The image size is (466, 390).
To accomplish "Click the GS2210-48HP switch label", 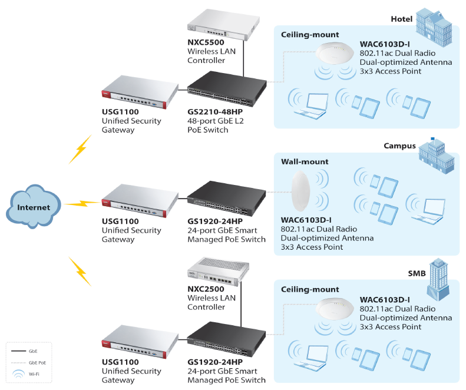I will pos(214,112).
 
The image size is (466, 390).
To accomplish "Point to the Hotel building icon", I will pos(433,23).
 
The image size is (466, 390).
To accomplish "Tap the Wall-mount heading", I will pos(305,161).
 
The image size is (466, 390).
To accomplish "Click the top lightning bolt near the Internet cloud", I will pos(80,150).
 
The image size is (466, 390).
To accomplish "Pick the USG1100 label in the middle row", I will pos(120,222).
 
